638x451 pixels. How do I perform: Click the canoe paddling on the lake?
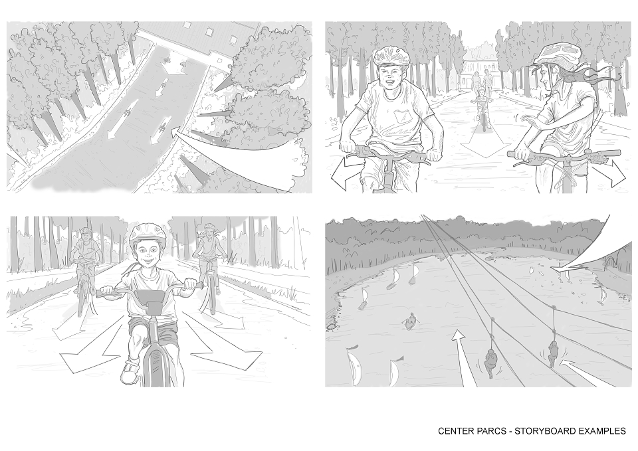tap(411, 321)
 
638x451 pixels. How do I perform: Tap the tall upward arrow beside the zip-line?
tap(463, 358)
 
